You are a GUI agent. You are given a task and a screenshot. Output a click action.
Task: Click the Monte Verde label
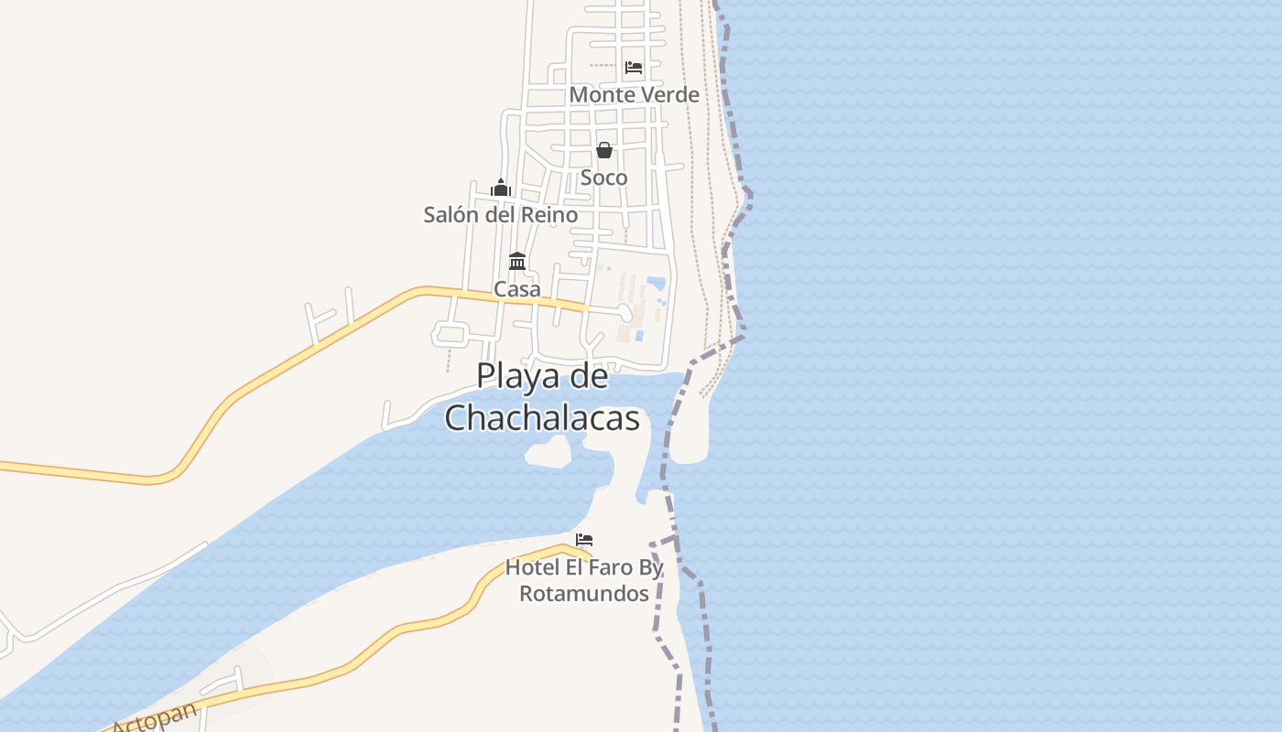point(634,94)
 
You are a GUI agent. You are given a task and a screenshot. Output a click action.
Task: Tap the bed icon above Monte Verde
point(633,67)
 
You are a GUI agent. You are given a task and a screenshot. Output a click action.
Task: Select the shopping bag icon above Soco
point(603,150)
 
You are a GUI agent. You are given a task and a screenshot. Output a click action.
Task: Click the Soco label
point(604,178)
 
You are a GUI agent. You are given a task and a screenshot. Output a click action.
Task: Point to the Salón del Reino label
point(500,215)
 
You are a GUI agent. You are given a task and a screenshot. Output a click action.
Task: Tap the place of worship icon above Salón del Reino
point(500,188)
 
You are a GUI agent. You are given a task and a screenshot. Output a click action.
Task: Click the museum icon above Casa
point(517,261)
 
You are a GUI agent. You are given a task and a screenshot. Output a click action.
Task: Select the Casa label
point(517,289)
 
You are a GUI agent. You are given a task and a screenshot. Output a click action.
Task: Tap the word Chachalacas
point(542,417)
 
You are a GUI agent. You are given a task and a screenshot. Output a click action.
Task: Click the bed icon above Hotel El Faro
point(584,540)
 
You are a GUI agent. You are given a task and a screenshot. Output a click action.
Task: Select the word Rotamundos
point(584,594)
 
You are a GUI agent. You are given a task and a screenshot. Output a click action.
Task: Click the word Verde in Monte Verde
point(670,94)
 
